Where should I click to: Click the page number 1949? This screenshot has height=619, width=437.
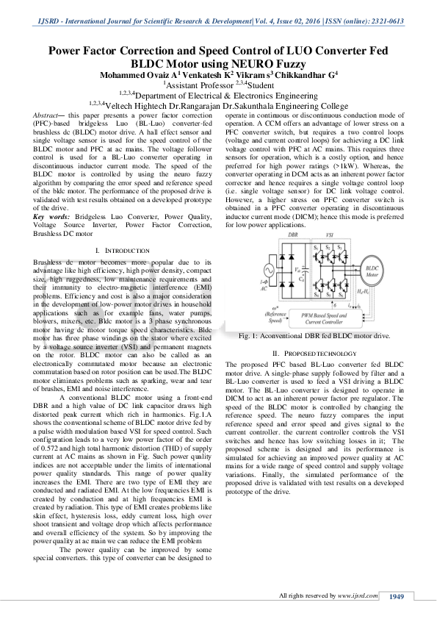(397, 596)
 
